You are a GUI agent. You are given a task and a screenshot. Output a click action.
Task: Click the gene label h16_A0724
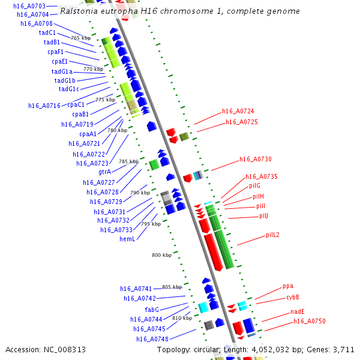238,111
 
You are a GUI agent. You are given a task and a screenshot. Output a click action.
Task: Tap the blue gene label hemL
127,239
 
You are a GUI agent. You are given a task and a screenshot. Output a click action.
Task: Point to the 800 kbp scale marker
161,255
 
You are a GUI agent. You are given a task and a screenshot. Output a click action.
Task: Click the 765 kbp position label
80,38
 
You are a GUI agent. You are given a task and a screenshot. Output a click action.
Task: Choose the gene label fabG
152,310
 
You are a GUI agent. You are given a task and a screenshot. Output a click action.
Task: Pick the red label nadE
298,311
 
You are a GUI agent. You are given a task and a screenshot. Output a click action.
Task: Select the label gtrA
104,172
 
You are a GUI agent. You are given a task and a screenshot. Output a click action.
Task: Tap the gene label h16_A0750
309,322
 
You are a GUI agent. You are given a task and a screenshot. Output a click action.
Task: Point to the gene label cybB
292,297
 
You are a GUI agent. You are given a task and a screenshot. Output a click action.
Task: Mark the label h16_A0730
255,159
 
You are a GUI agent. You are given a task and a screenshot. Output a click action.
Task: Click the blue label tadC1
47,32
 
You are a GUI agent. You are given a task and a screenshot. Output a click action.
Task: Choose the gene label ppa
288,286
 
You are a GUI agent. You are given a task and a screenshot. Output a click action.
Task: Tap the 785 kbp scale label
128,161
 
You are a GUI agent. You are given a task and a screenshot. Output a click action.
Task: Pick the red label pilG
254,186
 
